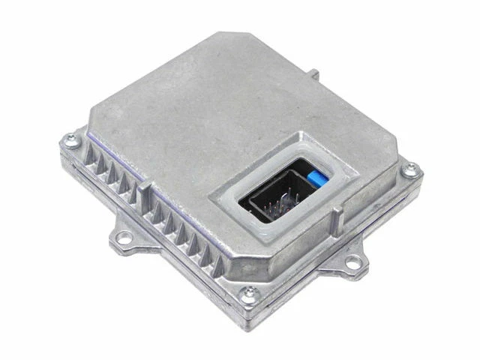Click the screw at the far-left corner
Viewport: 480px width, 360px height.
point(71,138)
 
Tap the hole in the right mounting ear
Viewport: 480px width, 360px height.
point(352,262)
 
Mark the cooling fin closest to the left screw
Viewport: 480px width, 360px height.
point(88,156)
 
